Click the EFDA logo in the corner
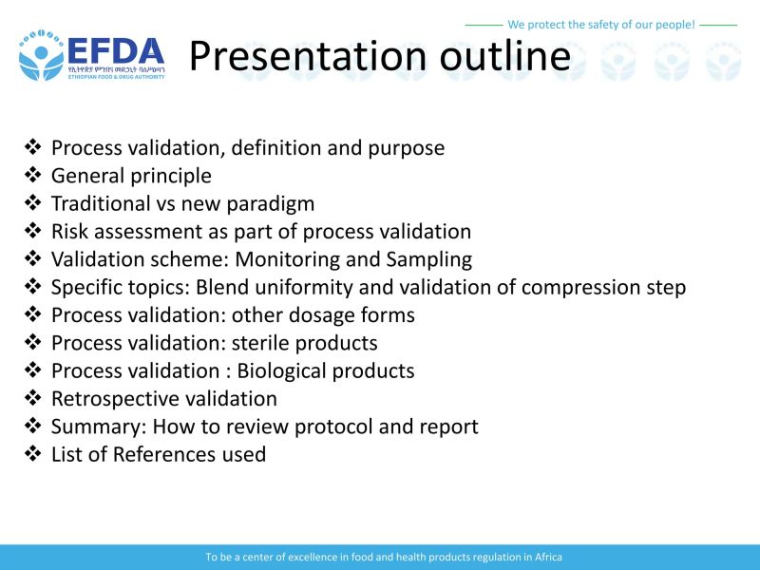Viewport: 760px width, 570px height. tap(90, 54)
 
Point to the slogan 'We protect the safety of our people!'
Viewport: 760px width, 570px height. tap(601, 24)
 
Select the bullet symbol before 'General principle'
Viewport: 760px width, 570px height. tap(33, 176)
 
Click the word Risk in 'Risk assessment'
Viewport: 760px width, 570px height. tap(69, 231)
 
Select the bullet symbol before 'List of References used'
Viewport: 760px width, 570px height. tap(33, 454)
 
